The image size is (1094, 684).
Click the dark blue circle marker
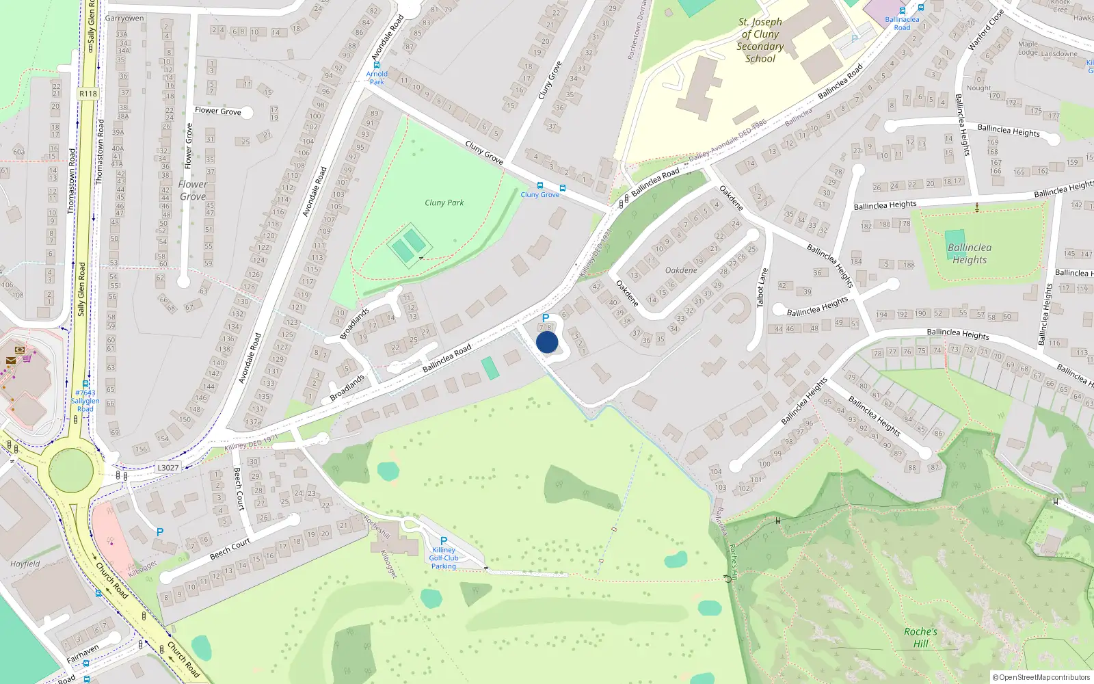(x=547, y=342)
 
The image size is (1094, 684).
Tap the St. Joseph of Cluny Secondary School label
(x=760, y=40)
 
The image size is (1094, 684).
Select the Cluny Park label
(x=444, y=202)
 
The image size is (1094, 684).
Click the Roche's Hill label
(x=920, y=637)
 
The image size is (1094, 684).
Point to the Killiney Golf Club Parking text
(x=444, y=558)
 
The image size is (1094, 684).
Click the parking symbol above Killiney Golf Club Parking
(x=444, y=541)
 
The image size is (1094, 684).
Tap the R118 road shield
(x=88, y=94)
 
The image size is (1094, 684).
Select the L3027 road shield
(x=168, y=468)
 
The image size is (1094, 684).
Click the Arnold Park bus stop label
(x=377, y=78)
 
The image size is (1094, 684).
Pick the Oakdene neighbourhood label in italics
(x=681, y=270)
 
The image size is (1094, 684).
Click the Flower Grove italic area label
(x=193, y=190)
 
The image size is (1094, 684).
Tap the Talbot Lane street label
(x=762, y=288)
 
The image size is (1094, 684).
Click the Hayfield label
(x=25, y=564)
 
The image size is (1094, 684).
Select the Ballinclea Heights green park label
(x=970, y=253)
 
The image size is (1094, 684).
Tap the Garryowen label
(x=124, y=18)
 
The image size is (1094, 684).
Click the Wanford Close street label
(x=986, y=30)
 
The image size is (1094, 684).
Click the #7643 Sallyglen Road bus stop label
(x=85, y=401)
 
